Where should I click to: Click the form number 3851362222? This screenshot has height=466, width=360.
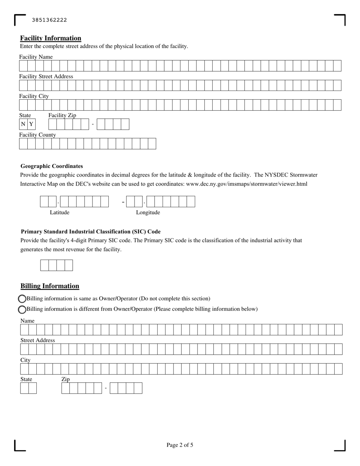click(49, 20)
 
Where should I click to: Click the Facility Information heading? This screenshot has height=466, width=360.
click(50, 38)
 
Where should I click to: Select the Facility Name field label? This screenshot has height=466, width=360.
click(36, 57)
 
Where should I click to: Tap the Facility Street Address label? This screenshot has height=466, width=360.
click(46, 77)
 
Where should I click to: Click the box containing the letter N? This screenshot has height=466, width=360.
click(23, 124)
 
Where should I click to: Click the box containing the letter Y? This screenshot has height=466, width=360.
click(31, 124)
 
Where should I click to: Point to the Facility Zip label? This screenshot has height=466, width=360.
click(62, 116)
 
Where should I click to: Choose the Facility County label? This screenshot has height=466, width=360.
click(38, 135)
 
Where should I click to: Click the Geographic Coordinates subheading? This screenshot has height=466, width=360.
click(52, 166)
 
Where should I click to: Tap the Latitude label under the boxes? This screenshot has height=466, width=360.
click(59, 213)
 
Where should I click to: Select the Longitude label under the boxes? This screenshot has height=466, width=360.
click(148, 213)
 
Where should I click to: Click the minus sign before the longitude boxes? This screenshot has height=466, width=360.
click(123, 202)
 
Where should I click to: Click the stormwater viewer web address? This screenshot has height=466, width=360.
click(247, 184)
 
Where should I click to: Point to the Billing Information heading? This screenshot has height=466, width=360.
click(50, 286)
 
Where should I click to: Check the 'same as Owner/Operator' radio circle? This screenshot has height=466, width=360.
click(22, 299)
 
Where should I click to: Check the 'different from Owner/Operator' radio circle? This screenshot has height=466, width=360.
click(22, 310)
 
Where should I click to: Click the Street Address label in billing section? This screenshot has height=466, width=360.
click(38, 341)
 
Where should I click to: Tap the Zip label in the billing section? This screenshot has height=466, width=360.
click(66, 379)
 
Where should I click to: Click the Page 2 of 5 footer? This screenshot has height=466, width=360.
click(180, 445)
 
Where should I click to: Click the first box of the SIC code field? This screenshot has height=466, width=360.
click(44, 266)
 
